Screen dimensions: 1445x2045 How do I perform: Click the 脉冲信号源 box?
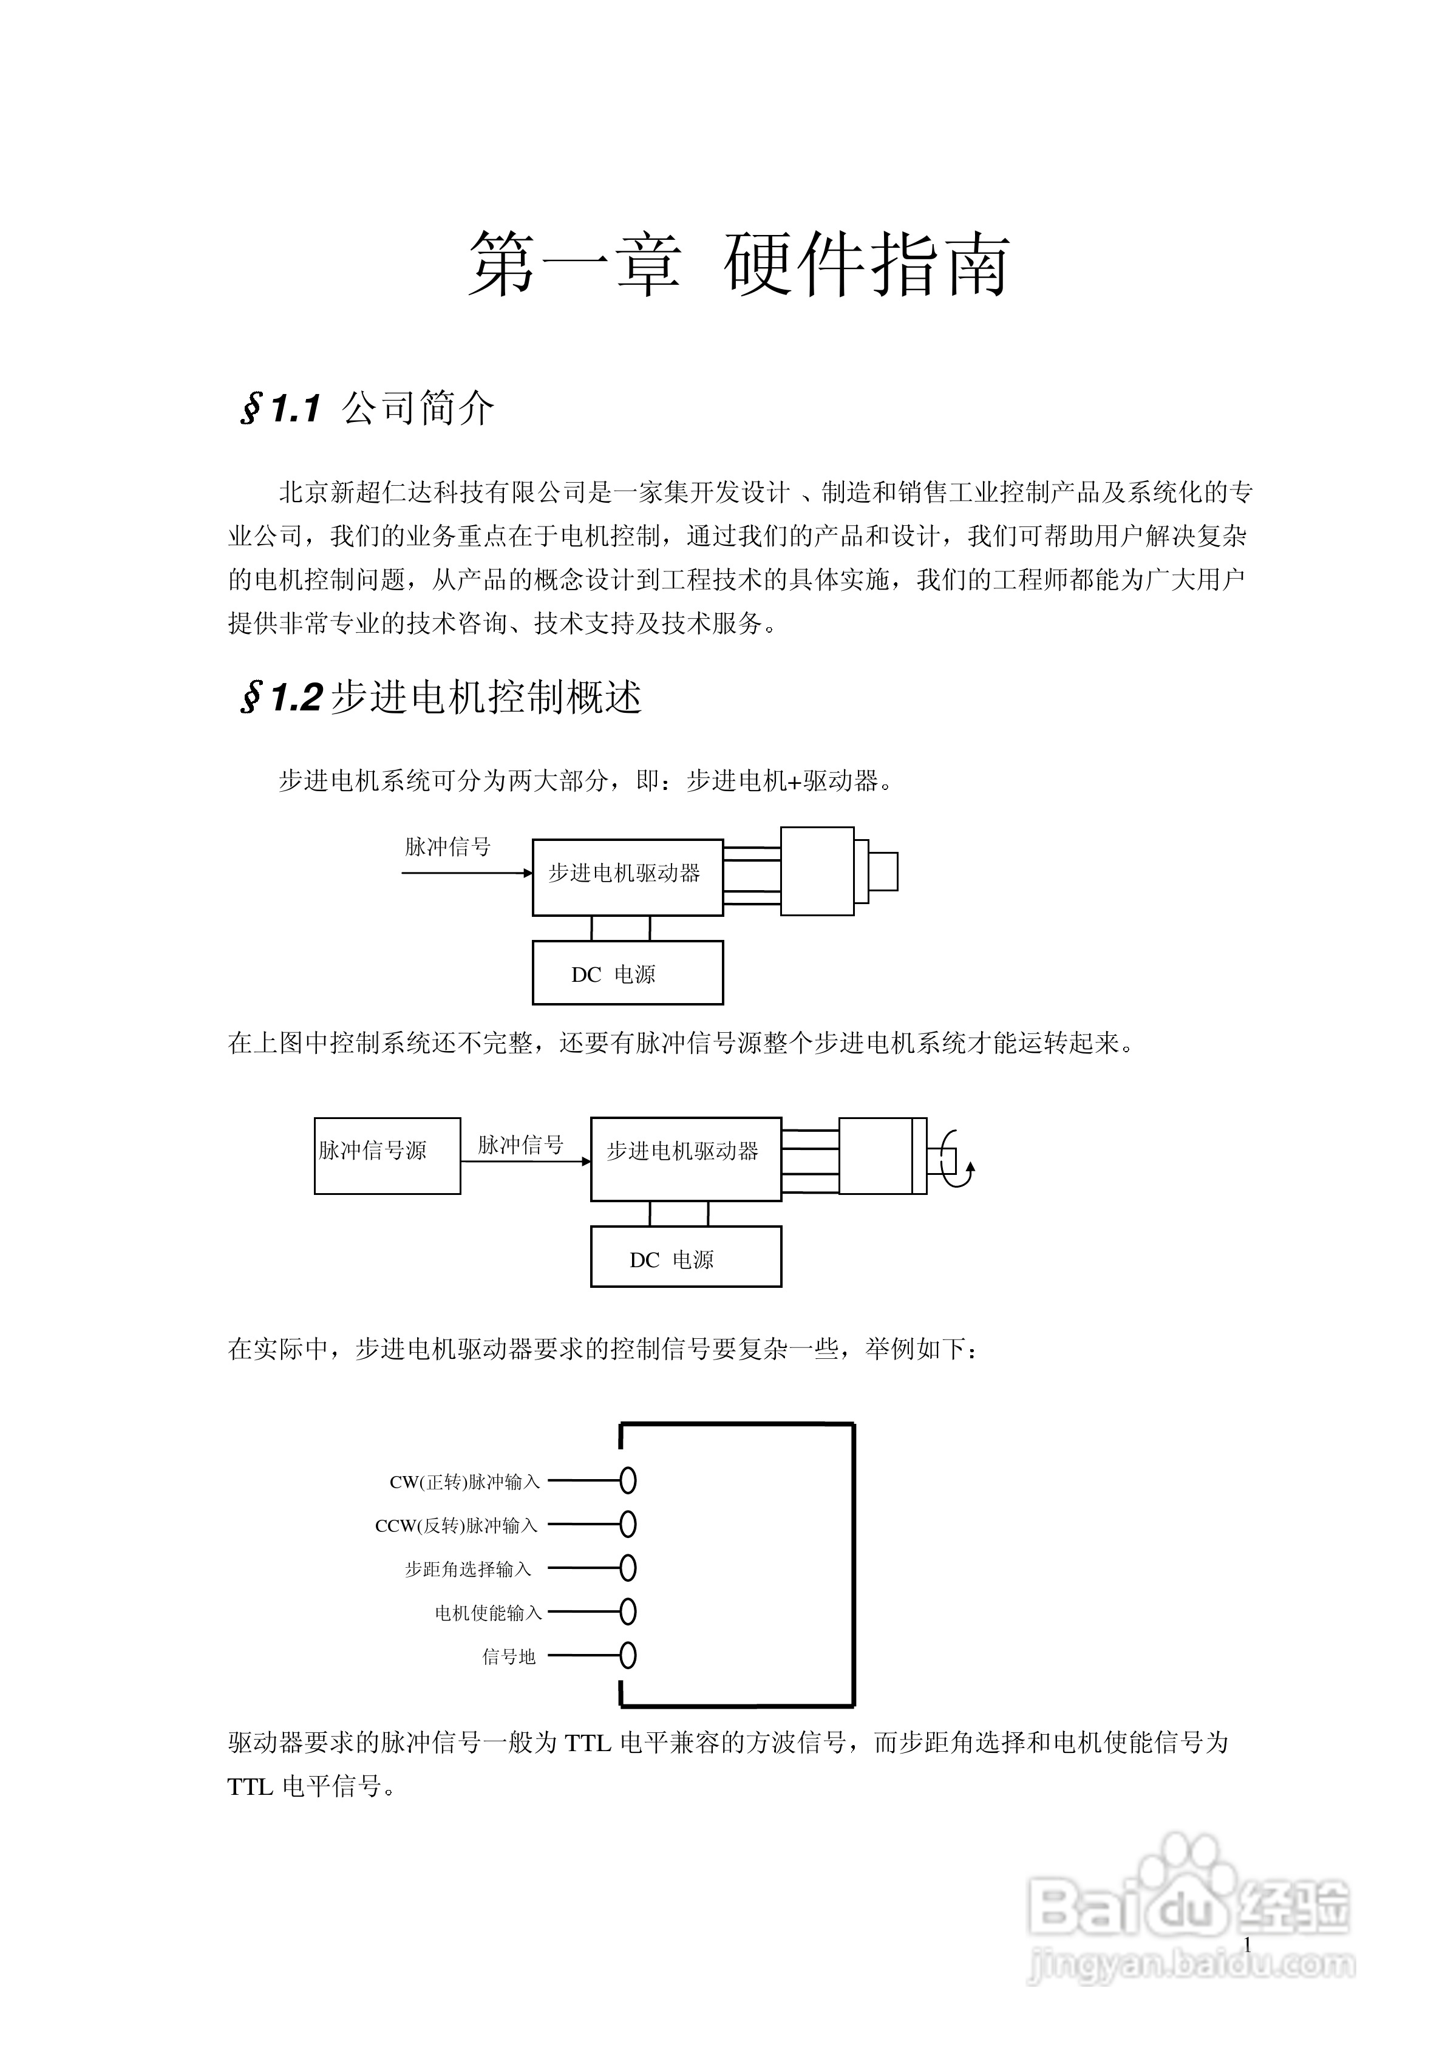(387, 1155)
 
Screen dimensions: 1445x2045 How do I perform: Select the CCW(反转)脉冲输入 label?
(456, 1526)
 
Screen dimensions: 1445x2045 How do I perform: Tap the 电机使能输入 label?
(488, 1613)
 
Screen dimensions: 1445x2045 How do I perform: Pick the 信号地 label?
(509, 1656)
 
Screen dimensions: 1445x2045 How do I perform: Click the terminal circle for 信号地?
(628, 1656)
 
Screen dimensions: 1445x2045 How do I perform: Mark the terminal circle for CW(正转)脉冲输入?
(628, 1481)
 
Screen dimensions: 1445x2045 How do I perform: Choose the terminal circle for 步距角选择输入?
(628, 1568)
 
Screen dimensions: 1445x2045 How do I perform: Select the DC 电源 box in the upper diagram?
(627, 973)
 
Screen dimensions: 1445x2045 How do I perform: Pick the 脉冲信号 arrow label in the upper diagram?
(447, 846)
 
